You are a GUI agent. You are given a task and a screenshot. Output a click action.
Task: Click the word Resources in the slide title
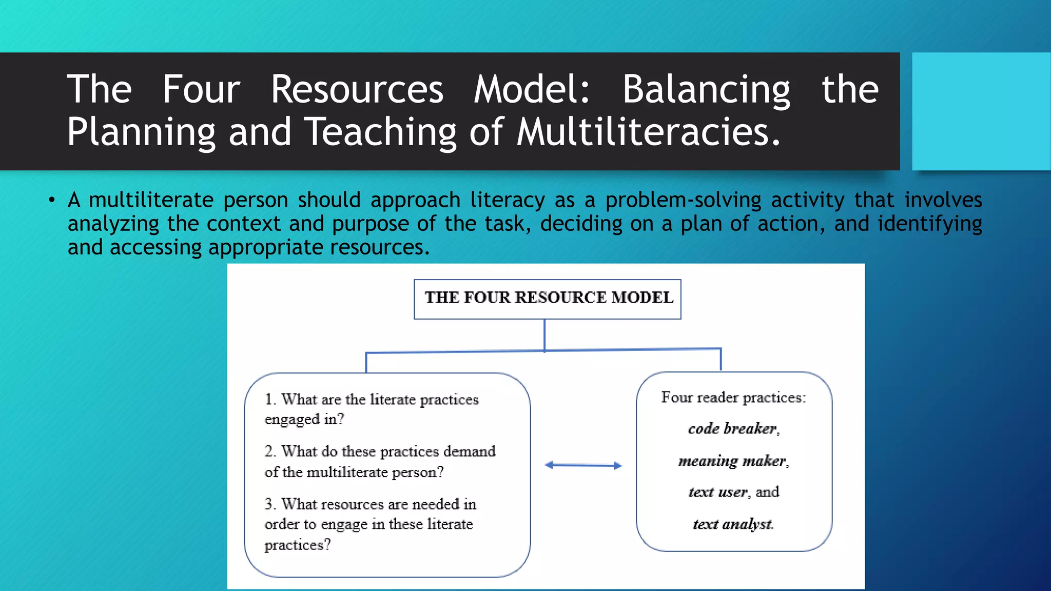pyautogui.click(x=357, y=90)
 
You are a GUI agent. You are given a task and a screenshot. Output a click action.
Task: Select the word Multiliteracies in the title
pyautogui.click(x=648, y=132)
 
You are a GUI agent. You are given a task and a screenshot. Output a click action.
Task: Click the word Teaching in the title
pyautogui.click(x=380, y=133)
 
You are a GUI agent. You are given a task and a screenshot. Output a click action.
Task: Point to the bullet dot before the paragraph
pyautogui.click(x=52, y=200)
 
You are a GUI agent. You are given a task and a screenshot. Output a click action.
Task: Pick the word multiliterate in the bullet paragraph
pyautogui.click(x=151, y=200)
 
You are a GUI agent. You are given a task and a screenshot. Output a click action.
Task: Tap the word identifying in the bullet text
pyautogui.click(x=929, y=224)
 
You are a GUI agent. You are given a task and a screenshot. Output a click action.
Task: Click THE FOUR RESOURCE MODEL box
pyautogui.click(x=547, y=299)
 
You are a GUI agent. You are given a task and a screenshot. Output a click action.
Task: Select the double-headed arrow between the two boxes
pyautogui.click(x=583, y=465)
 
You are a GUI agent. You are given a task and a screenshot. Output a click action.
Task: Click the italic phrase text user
pyautogui.click(x=717, y=492)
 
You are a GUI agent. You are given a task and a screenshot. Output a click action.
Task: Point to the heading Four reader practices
pyautogui.click(x=733, y=398)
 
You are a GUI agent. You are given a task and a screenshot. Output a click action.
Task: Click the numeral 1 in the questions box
pyautogui.click(x=269, y=399)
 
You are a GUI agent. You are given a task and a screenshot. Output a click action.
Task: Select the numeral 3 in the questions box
pyautogui.click(x=269, y=504)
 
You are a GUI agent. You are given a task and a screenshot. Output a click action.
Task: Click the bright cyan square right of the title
pyautogui.click(x=981, y=111)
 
